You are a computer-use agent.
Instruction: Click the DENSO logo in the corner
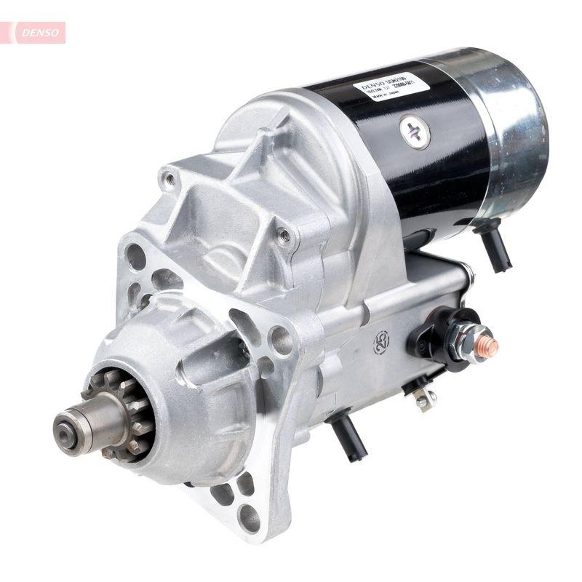click(35, 32)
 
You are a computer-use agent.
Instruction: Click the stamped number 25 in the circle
click(381, 340)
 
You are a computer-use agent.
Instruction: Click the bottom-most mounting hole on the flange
click(249, 517)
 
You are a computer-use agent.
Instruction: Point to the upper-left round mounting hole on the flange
click(136, 256)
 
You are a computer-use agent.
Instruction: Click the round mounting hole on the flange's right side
click(280, 340)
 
